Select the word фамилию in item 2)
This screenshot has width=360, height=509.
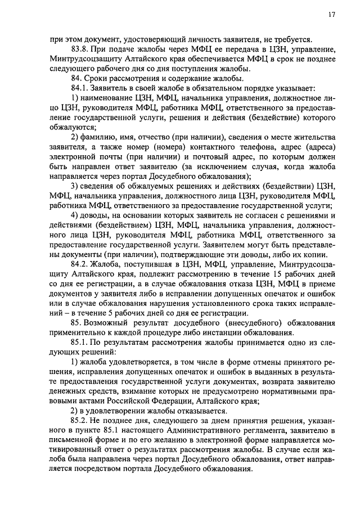tap(100, 138)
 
